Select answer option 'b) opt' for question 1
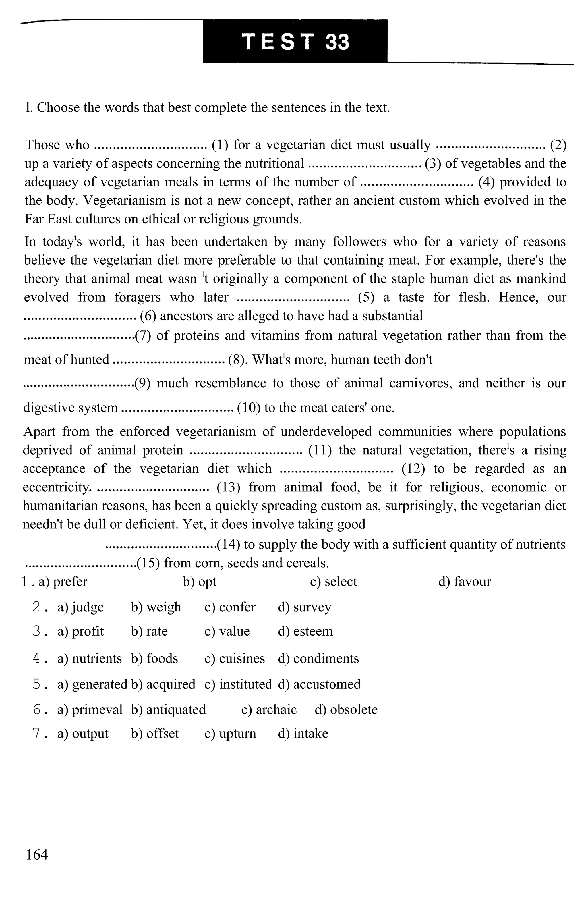200,582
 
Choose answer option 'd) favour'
464,582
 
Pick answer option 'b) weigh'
156,607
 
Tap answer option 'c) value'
227,631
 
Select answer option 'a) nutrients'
89,658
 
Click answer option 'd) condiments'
318,658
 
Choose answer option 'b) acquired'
163,684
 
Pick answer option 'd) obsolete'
346,709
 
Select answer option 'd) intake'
303,733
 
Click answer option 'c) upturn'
230,733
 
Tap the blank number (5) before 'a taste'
366,297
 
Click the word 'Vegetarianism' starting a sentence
125,201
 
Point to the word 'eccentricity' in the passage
57,487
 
